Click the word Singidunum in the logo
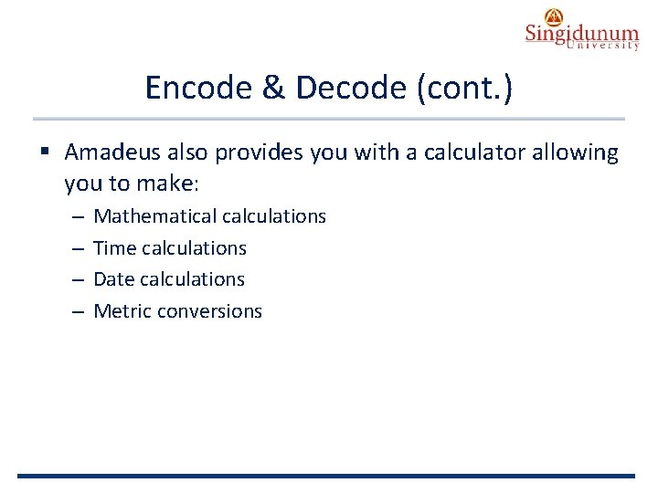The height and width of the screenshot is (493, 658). (581, 35)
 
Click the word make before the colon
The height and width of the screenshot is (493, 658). (166, 184)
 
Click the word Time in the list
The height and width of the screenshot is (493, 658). (114, 248)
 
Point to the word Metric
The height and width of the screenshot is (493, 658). (122, 311)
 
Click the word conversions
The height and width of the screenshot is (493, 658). (209, 311)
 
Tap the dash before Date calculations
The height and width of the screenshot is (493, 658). (78, 279)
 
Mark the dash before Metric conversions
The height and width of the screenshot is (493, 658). (78, 311)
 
